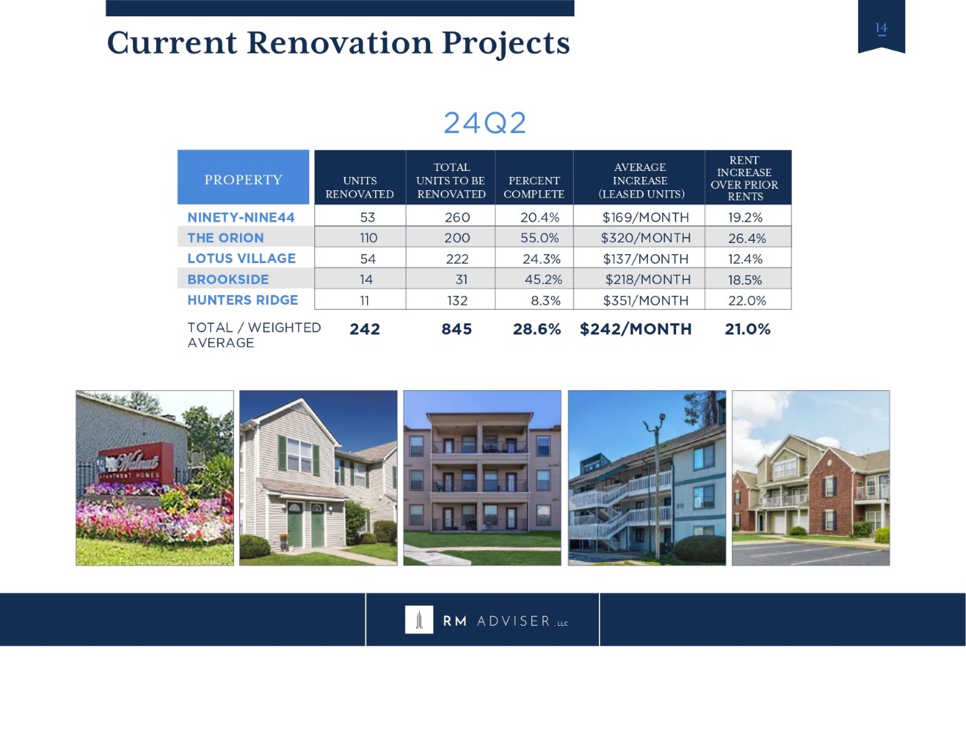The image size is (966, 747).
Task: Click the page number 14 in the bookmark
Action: pos(881,28)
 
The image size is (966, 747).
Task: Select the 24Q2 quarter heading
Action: pos(484,123)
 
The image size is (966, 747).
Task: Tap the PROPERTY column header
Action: pos(243,180)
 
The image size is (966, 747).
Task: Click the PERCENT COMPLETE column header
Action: pos(534,187)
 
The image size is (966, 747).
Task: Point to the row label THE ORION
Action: pos(225,238)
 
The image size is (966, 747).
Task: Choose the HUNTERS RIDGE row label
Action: pos(243,300)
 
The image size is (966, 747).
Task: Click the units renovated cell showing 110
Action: pos(369,238)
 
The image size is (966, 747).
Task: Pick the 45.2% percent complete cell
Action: pos(543,279)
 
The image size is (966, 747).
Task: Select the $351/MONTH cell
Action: pos(646,300)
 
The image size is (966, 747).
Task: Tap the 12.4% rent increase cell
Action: pos(745,259)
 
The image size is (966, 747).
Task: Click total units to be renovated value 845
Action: pos(456,329)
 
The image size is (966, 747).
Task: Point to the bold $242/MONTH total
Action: pos(635,329)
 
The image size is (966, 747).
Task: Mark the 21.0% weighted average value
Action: pos(748,329)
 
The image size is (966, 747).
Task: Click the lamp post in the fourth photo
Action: pos(657,485)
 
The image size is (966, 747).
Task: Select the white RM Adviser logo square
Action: pos(419,619)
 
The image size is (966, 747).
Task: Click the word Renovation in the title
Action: pos(340,42)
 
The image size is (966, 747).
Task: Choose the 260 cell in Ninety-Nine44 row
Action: pos(457,218)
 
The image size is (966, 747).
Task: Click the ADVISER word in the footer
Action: pos(514,621)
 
